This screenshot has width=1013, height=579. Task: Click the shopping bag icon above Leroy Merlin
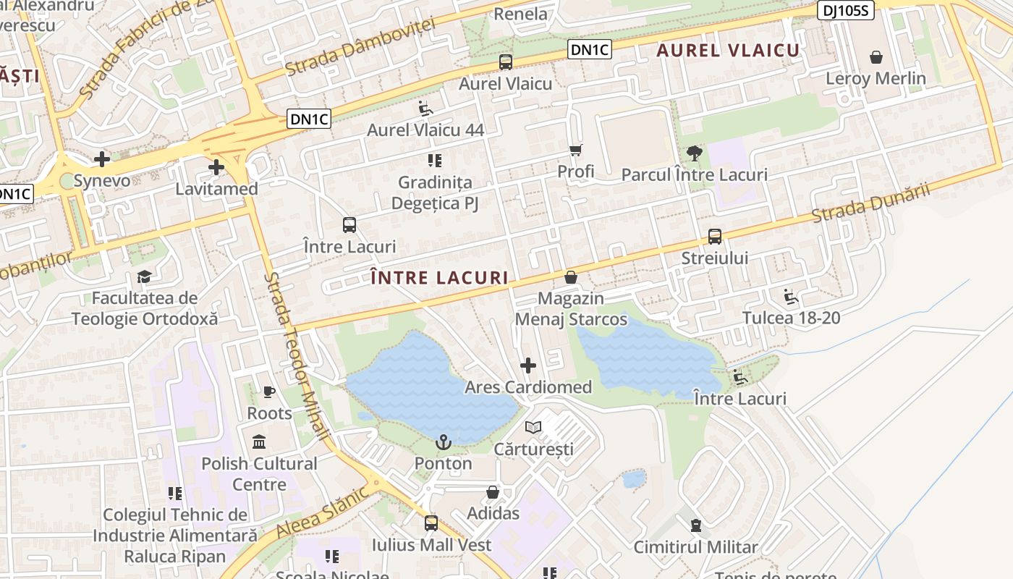[876, 57]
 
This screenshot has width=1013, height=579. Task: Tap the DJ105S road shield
[846, 10]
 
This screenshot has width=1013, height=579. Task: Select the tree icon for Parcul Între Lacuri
[695, 153]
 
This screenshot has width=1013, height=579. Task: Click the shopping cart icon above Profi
[576, 150]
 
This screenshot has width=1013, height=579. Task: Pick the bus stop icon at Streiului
[715, 237]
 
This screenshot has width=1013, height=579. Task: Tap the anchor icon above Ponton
[443, 441]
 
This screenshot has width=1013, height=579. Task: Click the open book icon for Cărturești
[533, 428]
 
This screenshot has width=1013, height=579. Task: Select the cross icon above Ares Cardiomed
[528, 365]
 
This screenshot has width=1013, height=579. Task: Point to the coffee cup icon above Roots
[269, 392]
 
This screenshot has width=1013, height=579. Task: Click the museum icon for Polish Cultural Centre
[259, 441]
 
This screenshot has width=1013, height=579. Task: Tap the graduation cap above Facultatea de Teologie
[145, 276]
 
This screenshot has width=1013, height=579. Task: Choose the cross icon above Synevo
[102, 159]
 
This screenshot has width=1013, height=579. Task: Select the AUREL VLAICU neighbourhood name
[728, 50]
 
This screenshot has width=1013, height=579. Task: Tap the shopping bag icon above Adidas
[493, 492]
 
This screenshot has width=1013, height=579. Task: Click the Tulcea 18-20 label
[792, 318]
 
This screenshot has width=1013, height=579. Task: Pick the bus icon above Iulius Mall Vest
[431, 523]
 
